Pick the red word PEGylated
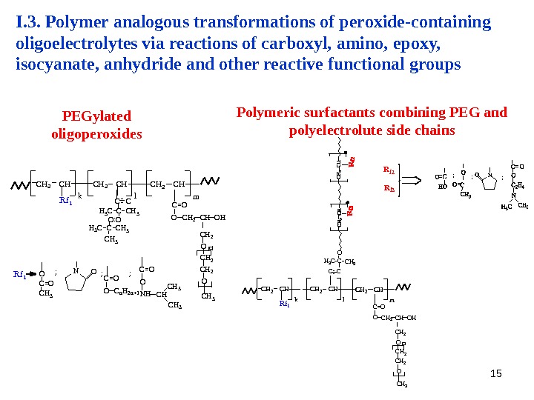pos(96,116)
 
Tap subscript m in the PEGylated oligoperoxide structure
pos(196,197)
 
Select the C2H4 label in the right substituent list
pos(518,185)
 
